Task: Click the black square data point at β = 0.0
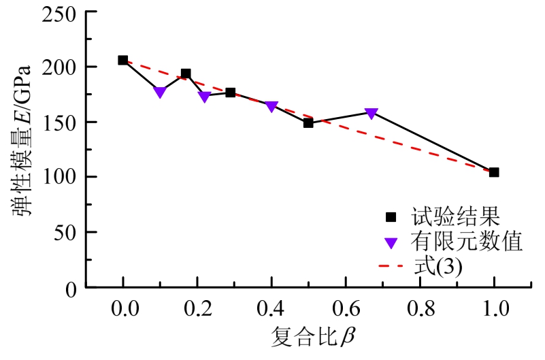click(123, 61)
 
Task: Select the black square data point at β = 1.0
click(494, 172)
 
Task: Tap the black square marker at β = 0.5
click(308, 123)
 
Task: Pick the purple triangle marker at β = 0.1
click(160, 92)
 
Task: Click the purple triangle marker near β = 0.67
click(371, 113)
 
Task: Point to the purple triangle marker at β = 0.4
click(271, 106)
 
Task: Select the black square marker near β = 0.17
click(186, 73)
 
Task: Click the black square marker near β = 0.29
click(231, 93)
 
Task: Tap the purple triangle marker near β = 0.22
click(204, 97)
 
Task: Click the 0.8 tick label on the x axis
click(420, 310)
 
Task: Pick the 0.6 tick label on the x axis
click(346, 310)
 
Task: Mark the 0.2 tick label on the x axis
click(197, 310)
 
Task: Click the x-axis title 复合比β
click(309, 337)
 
